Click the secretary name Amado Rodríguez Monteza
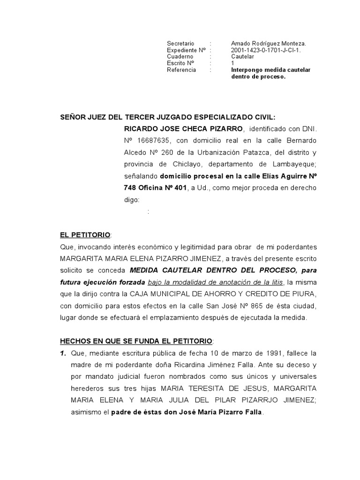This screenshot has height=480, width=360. [268, 43]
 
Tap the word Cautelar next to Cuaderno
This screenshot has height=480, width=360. [243, 56]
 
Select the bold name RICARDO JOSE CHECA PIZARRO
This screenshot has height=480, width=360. [183, 129]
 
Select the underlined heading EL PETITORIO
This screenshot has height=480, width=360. [85, 234]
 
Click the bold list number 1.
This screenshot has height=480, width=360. [63, 352]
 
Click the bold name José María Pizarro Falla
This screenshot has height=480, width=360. [210, 413]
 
